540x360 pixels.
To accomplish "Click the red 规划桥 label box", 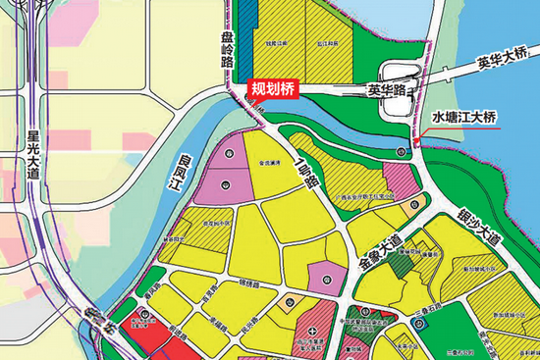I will [x=272, y=89].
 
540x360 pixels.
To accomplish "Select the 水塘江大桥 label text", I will [x=465, y=116].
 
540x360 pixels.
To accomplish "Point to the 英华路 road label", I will [x=387, y=89].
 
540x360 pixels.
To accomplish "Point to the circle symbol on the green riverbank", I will [x=401, y=151].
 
